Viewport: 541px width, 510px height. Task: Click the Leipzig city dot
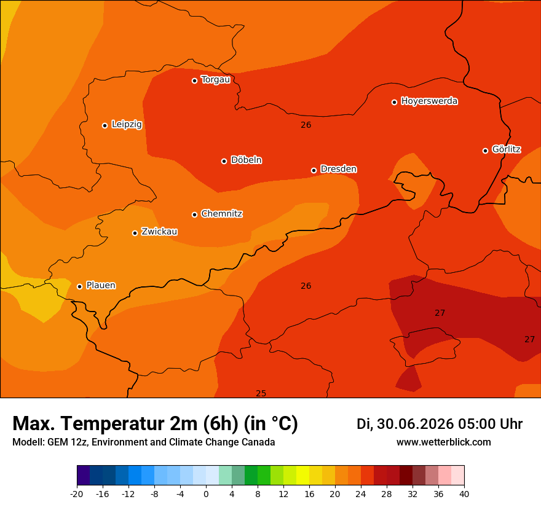(105, 125)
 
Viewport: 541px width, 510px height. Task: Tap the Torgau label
(216, 80)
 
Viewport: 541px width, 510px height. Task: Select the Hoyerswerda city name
(429, 101)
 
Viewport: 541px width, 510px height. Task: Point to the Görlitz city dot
(485, 151)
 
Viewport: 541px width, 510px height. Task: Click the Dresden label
(339, 169)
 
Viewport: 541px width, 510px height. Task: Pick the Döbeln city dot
(224, 161)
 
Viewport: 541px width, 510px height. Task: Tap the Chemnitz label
(222, 214)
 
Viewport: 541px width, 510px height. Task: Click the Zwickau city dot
(135, 233)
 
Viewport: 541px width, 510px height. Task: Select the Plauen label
(101, 285)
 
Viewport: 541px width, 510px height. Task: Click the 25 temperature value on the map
(261, 393)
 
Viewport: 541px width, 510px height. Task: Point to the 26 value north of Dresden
(306, 125)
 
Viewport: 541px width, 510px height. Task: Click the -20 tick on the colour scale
(77, 494)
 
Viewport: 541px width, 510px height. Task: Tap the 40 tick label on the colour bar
(464, 494)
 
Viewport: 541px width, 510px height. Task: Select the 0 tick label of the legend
(206, 494)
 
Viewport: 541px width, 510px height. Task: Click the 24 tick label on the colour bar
(360, 494)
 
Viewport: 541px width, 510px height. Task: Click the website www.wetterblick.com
(444, 442)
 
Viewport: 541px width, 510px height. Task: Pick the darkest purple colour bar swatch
(84, 475)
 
